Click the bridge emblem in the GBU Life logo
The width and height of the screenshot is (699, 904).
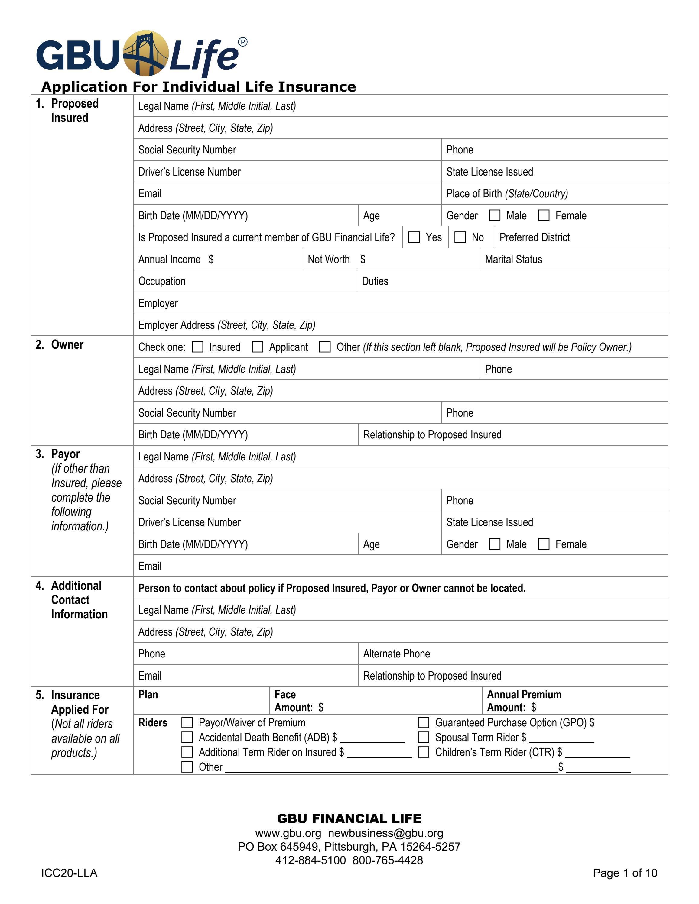click(x=146, y=53)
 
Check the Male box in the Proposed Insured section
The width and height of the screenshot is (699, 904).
click(x=494, y=215)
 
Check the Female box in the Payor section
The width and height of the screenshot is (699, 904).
click(x=543, y=544)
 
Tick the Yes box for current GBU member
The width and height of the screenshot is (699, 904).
click(x=414, y=237)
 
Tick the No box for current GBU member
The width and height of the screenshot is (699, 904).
click(x=460, y=237)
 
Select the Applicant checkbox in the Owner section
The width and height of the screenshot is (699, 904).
click(x=258, y=347)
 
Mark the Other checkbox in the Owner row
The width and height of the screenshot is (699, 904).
click(x=325, y=347)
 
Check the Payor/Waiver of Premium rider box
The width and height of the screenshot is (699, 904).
click(x=187, y=722)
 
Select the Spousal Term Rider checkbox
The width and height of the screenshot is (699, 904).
click(x=423, y=737)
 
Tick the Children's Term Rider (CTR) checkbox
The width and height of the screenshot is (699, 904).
click(x=423, y=752)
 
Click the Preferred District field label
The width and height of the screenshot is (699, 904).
click(x=534, y=237)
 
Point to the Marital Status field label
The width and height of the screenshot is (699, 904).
click(x=513, y=260)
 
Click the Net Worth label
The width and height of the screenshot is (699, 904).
click(x=328, y=260)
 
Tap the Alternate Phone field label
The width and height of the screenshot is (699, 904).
click(x=396, y=654)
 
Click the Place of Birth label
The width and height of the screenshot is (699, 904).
click(x=507, y=193)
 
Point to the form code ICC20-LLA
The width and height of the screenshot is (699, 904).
click(x=69, y=873)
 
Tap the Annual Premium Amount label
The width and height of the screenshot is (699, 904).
click(x=524, y=700)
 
